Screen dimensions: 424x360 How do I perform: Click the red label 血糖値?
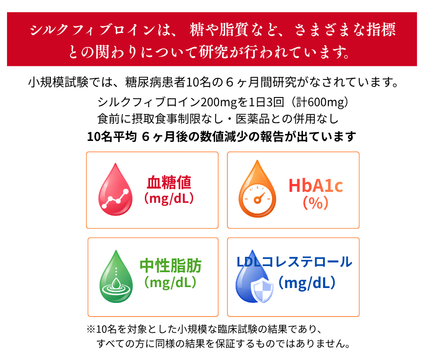(x=169, y=182)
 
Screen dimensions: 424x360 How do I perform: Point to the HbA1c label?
(x=316, y=186)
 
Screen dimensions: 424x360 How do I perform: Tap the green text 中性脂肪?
(x=171, y=266)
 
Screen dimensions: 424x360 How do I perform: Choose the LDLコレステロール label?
(x=294, y=262)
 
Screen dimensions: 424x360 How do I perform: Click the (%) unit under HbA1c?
(x=316, y=202)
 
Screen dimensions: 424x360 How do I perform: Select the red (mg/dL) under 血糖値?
(x=169, y=198)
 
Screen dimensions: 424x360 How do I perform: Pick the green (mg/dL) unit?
(x=170, y=282)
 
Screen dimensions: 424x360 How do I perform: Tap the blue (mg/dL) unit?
(x=307, y=283)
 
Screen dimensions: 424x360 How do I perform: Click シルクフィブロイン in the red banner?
(x=93, y=29)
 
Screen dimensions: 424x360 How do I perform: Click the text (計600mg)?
(x=319, y=102)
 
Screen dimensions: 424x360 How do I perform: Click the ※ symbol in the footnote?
(x=91, y=329)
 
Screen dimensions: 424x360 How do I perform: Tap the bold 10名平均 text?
(x=112, y=137)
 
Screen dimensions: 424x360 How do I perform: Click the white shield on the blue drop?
(x=262, y=291)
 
